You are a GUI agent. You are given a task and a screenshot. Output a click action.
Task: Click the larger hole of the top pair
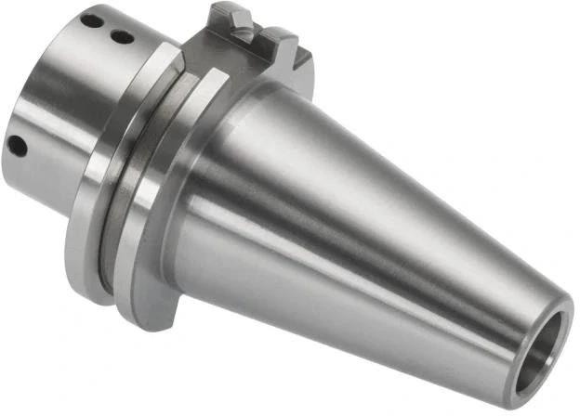tap(90, 19)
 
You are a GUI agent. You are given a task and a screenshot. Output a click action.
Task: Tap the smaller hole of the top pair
tap(121, 37)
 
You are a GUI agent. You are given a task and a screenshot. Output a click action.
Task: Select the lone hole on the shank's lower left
tap(17, 144)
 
